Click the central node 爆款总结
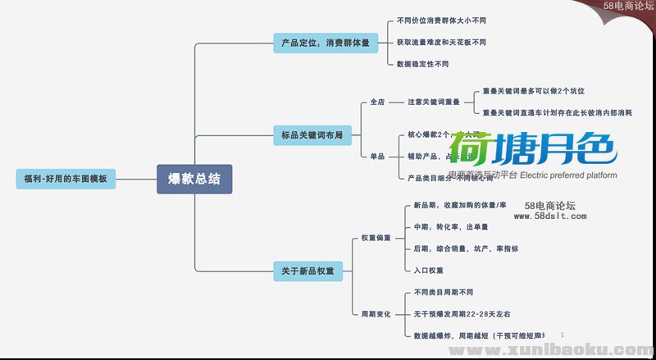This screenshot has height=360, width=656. (x=194, y=178)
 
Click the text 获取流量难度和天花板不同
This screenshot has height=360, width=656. (x=441, y=42)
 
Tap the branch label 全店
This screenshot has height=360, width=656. (x=377, y=103)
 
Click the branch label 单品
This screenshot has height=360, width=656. (x=377, y=155)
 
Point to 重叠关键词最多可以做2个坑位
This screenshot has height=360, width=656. (x=534, y=91)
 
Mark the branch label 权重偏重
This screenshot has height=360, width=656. (x=376, y=238)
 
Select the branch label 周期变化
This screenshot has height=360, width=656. (x=376, y=313)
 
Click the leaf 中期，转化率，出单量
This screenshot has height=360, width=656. (x=451, y=226)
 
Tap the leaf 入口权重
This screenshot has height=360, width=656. (x=429, y=270)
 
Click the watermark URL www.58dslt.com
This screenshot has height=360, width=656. (x=550, y=216)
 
